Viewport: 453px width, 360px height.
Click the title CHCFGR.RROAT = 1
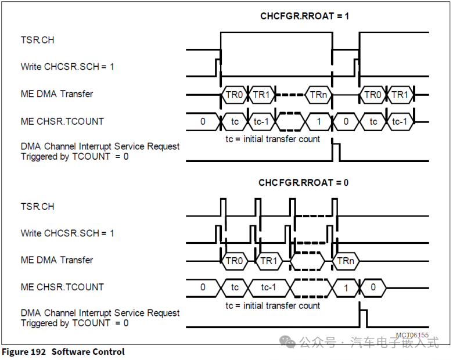(304, 16)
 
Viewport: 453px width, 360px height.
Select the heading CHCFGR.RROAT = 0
(303, 182)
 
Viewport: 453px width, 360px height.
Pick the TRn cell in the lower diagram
(346, 261)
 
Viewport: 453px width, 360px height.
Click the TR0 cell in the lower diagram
(234, 261)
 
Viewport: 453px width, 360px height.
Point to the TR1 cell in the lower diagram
(269, 261)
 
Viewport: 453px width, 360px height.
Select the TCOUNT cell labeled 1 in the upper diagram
(318, 122)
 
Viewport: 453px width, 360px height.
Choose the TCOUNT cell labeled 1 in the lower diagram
(346, 287)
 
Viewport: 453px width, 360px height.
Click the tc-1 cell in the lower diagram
(268, 287)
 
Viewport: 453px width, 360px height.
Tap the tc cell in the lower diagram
(235, 287)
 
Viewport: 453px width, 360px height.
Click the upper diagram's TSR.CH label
(38, 41)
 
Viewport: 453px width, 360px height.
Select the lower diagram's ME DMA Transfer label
(57, 260)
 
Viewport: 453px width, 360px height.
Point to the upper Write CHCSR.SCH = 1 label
(67, 67)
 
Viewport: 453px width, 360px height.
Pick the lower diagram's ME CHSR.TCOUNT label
(62, 287)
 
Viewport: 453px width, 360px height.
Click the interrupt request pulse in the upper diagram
(336, 152)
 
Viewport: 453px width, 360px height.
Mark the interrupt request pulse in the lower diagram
(363, 318)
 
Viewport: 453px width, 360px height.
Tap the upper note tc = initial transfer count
(273, 139)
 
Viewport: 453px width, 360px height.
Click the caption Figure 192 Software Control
(63, 352)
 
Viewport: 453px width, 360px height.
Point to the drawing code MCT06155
(412, 335)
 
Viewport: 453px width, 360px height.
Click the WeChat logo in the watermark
(287, 343)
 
